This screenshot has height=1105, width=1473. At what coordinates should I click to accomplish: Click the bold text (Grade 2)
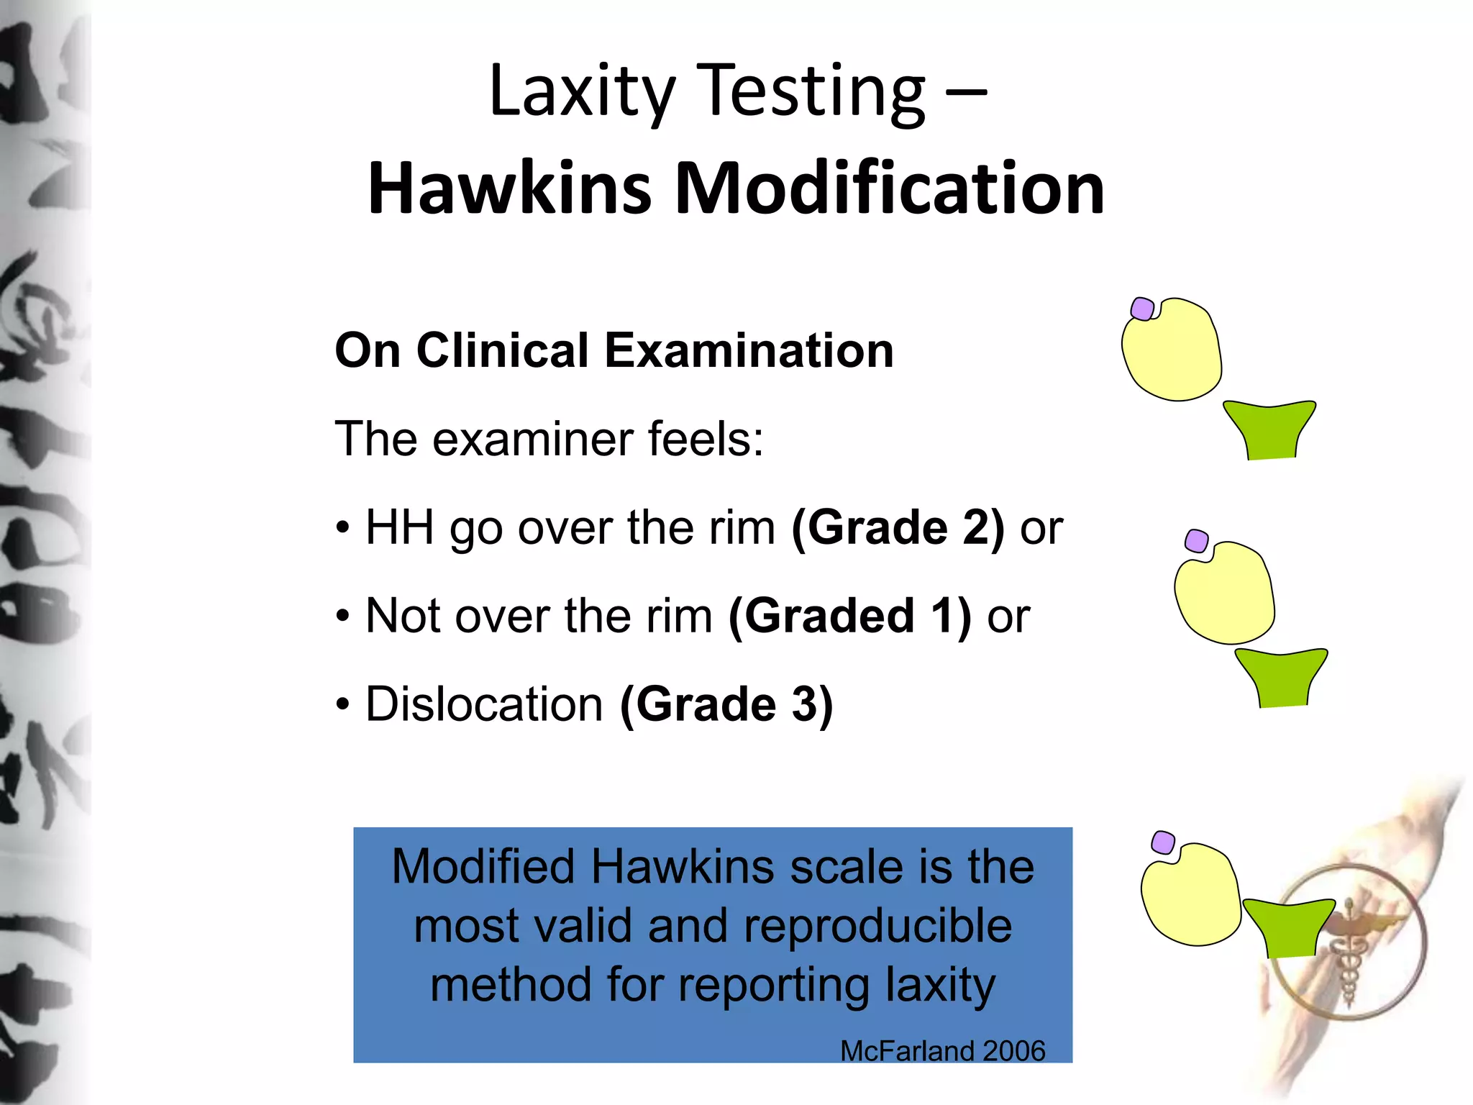point(898,527)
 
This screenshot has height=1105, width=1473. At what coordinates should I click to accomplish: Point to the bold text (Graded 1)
point(849,616)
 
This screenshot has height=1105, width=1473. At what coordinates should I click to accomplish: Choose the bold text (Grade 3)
point(726,704)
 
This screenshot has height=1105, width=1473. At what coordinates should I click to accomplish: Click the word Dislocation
point(484,704)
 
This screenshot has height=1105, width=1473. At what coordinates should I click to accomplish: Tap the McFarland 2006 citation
point(942,1051)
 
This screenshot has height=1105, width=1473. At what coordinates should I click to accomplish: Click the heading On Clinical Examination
point(614,350)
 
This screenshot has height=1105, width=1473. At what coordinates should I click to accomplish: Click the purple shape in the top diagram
point(1142,309)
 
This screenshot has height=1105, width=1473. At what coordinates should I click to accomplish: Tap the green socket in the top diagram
point(1270,430)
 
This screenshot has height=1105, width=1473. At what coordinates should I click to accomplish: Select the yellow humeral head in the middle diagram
point(1225,594)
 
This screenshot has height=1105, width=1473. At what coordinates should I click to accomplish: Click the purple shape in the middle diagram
point(1196,541)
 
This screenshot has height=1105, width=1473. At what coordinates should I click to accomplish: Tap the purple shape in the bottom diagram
point(1163,842)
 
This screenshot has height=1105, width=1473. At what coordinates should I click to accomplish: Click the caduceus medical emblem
point(1349,942)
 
